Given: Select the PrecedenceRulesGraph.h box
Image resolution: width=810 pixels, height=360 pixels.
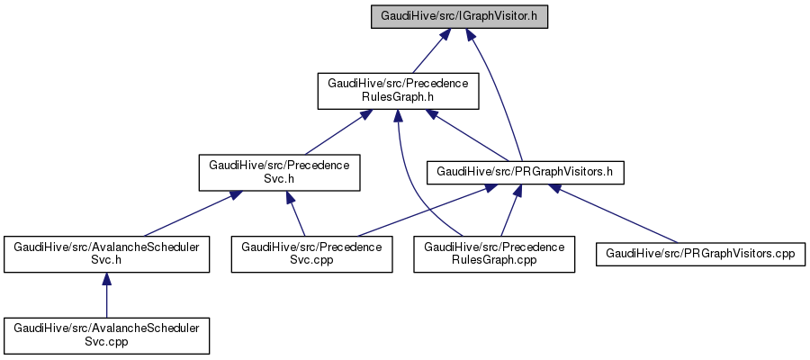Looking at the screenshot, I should [x=398, y=90].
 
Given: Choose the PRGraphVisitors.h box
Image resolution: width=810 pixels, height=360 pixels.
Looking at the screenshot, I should [x=526, y=171].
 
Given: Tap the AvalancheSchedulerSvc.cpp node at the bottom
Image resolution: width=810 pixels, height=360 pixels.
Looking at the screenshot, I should [x=107, y=335].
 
